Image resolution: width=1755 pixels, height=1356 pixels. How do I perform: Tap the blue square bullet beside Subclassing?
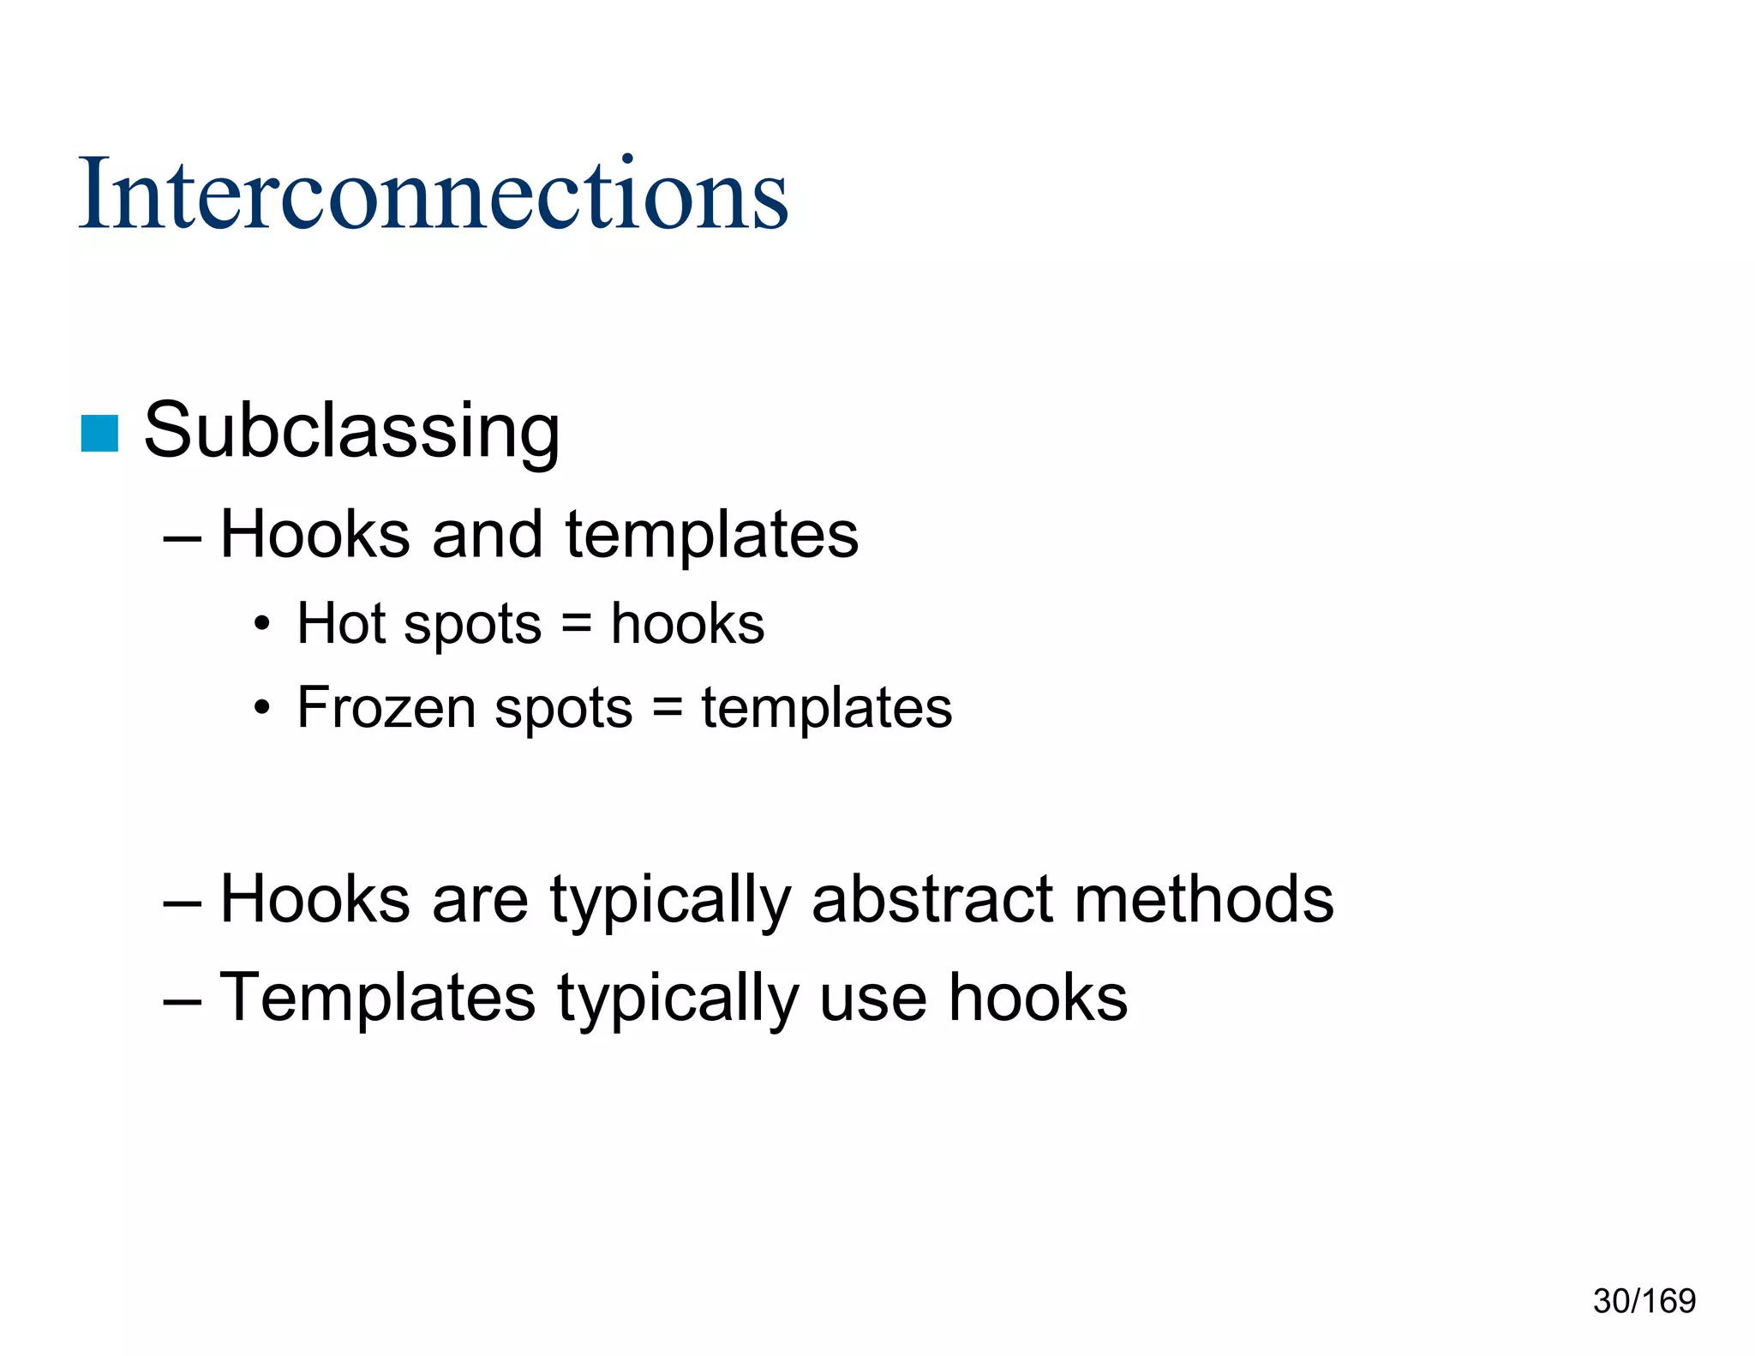(99, 433)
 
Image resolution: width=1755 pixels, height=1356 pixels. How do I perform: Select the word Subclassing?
(351, 430)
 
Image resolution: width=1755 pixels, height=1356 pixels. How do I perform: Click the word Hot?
(340, 623)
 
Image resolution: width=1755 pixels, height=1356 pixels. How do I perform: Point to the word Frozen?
(387, 708)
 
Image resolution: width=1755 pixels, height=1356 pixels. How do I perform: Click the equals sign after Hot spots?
(576, 624)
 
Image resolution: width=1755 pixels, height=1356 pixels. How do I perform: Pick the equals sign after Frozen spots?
(667, 709)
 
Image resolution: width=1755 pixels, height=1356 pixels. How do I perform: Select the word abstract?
(931, 899)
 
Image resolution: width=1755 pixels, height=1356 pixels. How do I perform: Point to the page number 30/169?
(1644, 1301)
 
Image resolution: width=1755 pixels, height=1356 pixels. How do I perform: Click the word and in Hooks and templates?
(487, 535)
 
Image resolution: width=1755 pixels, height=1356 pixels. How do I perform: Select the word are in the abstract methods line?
(480, 901)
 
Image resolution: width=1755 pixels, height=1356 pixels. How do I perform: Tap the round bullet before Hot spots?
(262, 624)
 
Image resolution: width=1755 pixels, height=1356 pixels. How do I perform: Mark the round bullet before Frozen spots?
(262, 709)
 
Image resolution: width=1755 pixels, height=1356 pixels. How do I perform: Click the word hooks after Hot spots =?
(687, 624)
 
